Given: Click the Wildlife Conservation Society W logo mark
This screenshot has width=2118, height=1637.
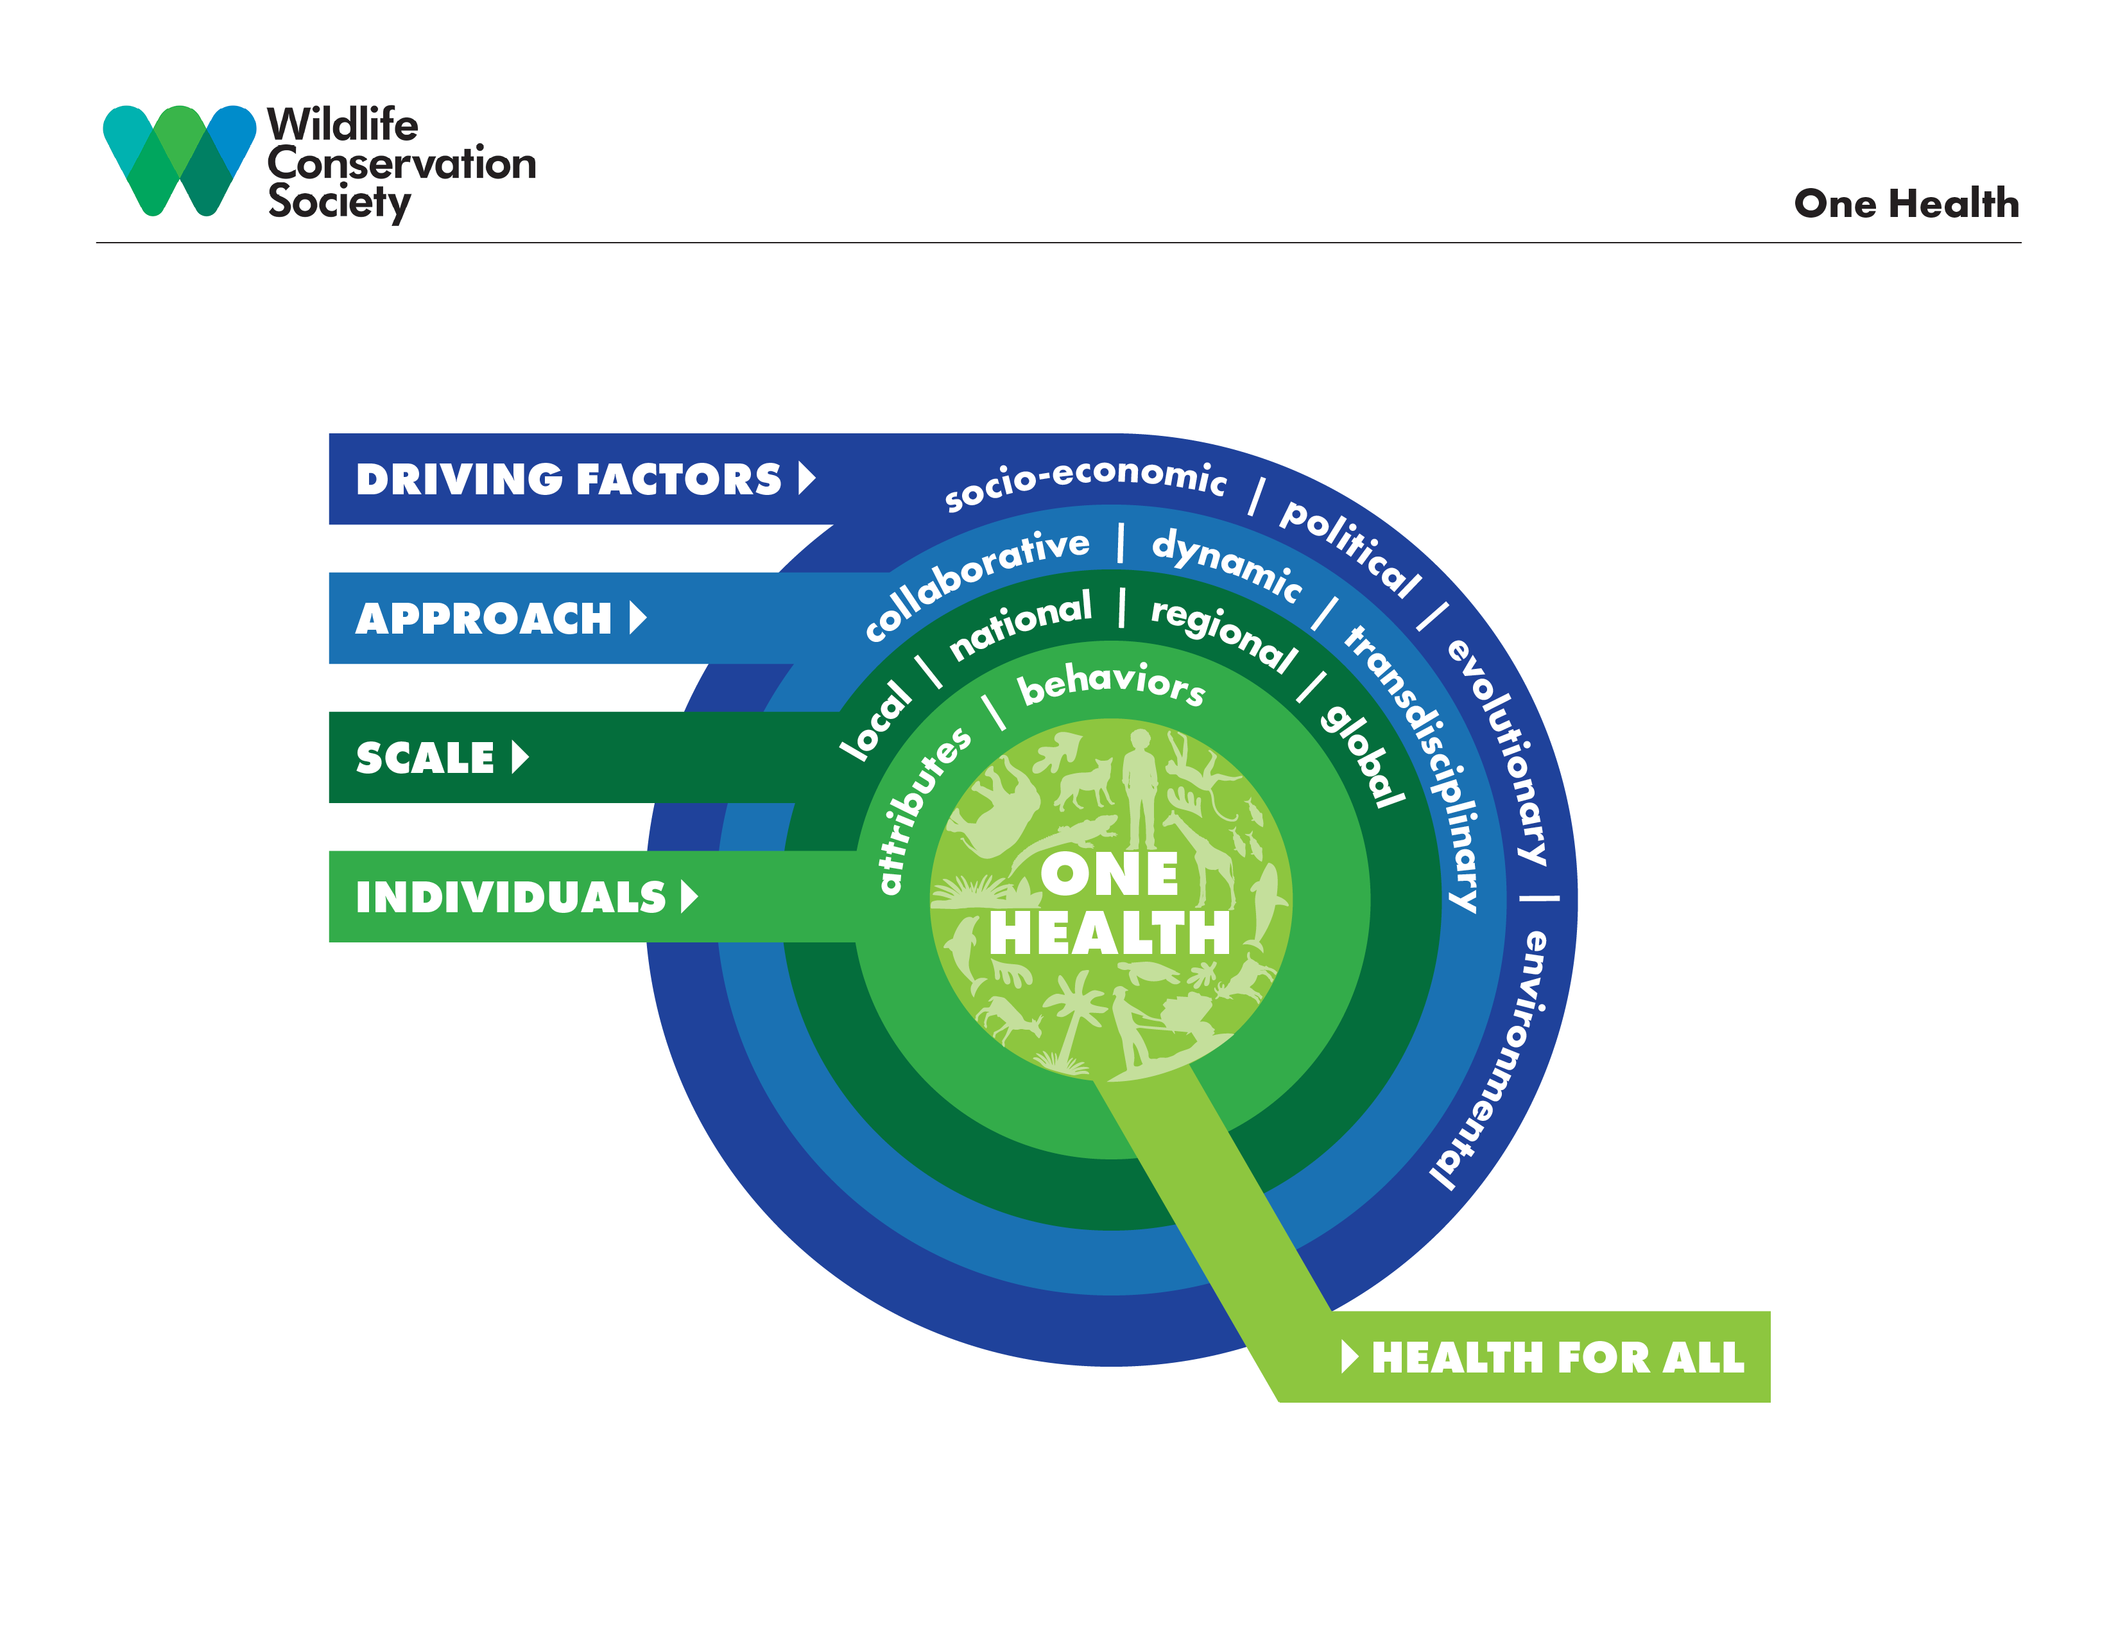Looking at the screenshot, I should pyautogui.click(x=180, y=159).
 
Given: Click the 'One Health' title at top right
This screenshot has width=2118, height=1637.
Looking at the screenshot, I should pyautogui.click(x=1906, y=204).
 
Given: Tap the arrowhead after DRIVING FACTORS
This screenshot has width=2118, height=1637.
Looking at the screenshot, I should pyautogui.click(x=806, y=478).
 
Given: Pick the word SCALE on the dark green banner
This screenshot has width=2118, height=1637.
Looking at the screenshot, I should pyautogui.click(x=425, y=758).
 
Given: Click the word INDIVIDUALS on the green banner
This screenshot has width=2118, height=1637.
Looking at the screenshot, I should pyautogui.click(x=510, y=897).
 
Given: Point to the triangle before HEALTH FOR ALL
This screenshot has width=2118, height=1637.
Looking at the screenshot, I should pyautogui.click(x=1349, y=1356).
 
